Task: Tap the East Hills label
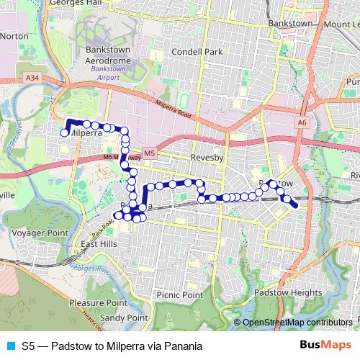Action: click(x=99, y=245)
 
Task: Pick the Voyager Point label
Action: click(x=43, y=233)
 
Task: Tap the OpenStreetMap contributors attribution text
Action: click(x=297, y=323)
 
